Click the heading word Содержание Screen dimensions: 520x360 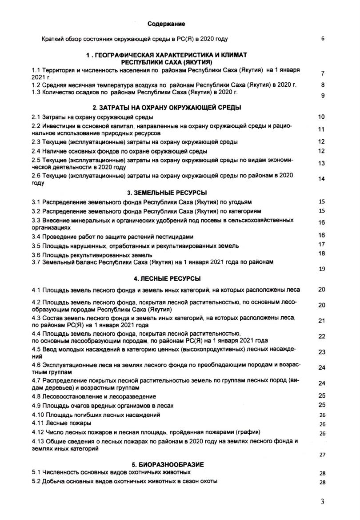pos(166,23)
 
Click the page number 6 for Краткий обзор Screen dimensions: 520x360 pos(322,39)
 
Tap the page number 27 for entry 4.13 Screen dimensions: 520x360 pos(322,455)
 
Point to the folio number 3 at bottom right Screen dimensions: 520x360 pos(322,502)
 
